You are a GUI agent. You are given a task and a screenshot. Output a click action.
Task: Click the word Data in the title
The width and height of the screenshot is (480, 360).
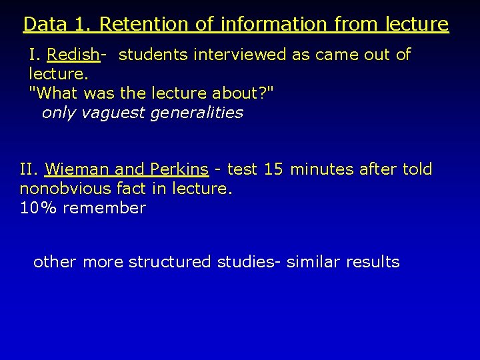pos(44,24)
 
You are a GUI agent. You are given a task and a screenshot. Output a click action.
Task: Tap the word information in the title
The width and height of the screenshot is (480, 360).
pos(273,24)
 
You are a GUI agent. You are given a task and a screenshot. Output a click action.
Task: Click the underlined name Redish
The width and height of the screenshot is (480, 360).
pos(73,55)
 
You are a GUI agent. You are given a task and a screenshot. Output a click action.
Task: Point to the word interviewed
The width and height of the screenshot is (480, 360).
pos(240,55)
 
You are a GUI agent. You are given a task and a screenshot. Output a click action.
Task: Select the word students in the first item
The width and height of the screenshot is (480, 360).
pos(153,55)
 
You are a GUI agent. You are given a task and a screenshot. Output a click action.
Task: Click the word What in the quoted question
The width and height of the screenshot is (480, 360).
pos(56,93)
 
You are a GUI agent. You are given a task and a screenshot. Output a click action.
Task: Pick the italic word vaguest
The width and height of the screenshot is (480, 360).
pos(113,113)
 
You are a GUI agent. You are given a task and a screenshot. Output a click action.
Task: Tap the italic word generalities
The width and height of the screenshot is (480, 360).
pos(197,113)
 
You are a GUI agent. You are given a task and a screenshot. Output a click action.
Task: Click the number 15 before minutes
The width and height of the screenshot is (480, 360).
pos(273,169)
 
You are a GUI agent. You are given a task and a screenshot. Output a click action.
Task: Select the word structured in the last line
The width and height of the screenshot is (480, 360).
pos(169,262)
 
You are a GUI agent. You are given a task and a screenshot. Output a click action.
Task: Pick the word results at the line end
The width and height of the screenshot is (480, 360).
pos(373,262)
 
